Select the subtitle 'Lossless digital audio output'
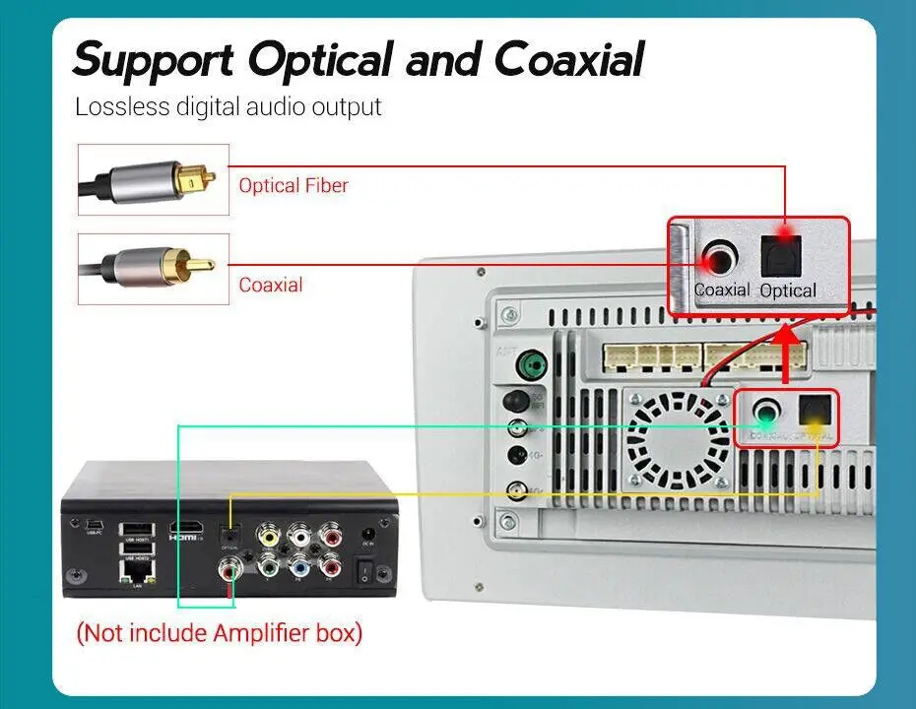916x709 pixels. pyautogui.click(x=228, y=106)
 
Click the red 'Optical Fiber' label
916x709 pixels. pyautogui.click(x=294, y=185)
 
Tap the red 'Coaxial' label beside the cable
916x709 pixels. pyautogui.click(x=271, y=286)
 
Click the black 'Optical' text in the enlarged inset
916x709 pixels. pyautogui.click(x=788, y=290)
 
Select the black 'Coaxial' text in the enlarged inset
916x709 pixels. pyautogui.click(x=722, y=290)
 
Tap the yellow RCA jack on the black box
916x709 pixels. pyautogui.click(x=268, y=535)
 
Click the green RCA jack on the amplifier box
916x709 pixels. pyautogui.click(x=268, y=567)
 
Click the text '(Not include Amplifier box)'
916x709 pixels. pyautogui.click(x=220, y=632)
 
